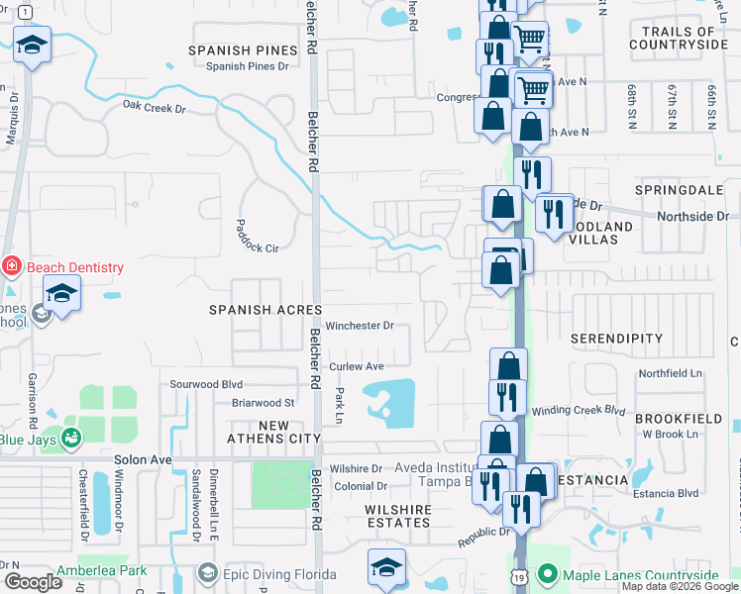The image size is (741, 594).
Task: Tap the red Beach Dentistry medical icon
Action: [x=11, y=266]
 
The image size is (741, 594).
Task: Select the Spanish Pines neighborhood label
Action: [x=244, y=49]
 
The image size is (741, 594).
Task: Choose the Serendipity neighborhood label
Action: [x=617, y=339]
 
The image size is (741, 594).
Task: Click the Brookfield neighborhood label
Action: [x=679, y=419]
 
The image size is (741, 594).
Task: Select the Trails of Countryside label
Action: [x=686, y=39]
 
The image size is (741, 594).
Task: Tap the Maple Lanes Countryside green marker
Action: [x=546, y=573]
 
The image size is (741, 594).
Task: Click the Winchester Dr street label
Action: [x=361, y=325]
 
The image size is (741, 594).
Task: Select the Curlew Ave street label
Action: [x=357, y=366]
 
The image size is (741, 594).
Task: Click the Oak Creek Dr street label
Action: [x=155, y=104]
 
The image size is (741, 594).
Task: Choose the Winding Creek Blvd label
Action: [x=579, y=410]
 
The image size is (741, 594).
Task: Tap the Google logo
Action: [x=33, y=582]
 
